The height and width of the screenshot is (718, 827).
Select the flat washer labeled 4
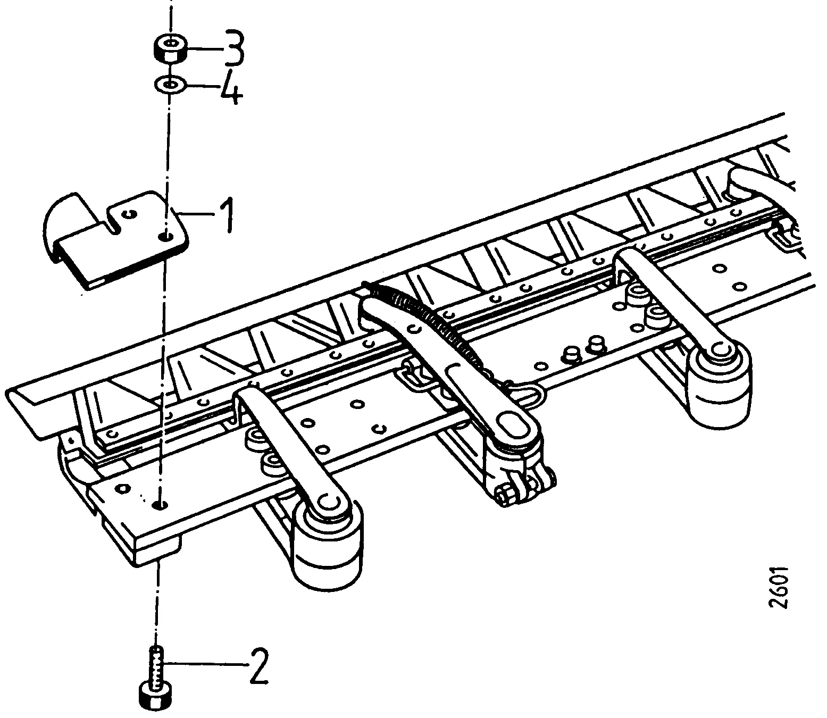coord(170,86)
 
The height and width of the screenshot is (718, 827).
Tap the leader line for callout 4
coord(202,86)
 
